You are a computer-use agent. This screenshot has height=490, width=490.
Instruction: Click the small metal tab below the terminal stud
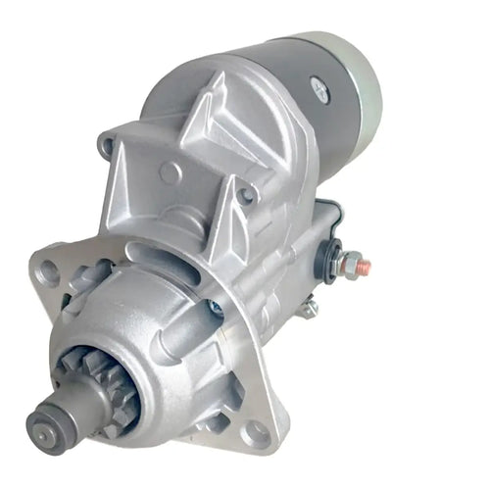310,307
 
